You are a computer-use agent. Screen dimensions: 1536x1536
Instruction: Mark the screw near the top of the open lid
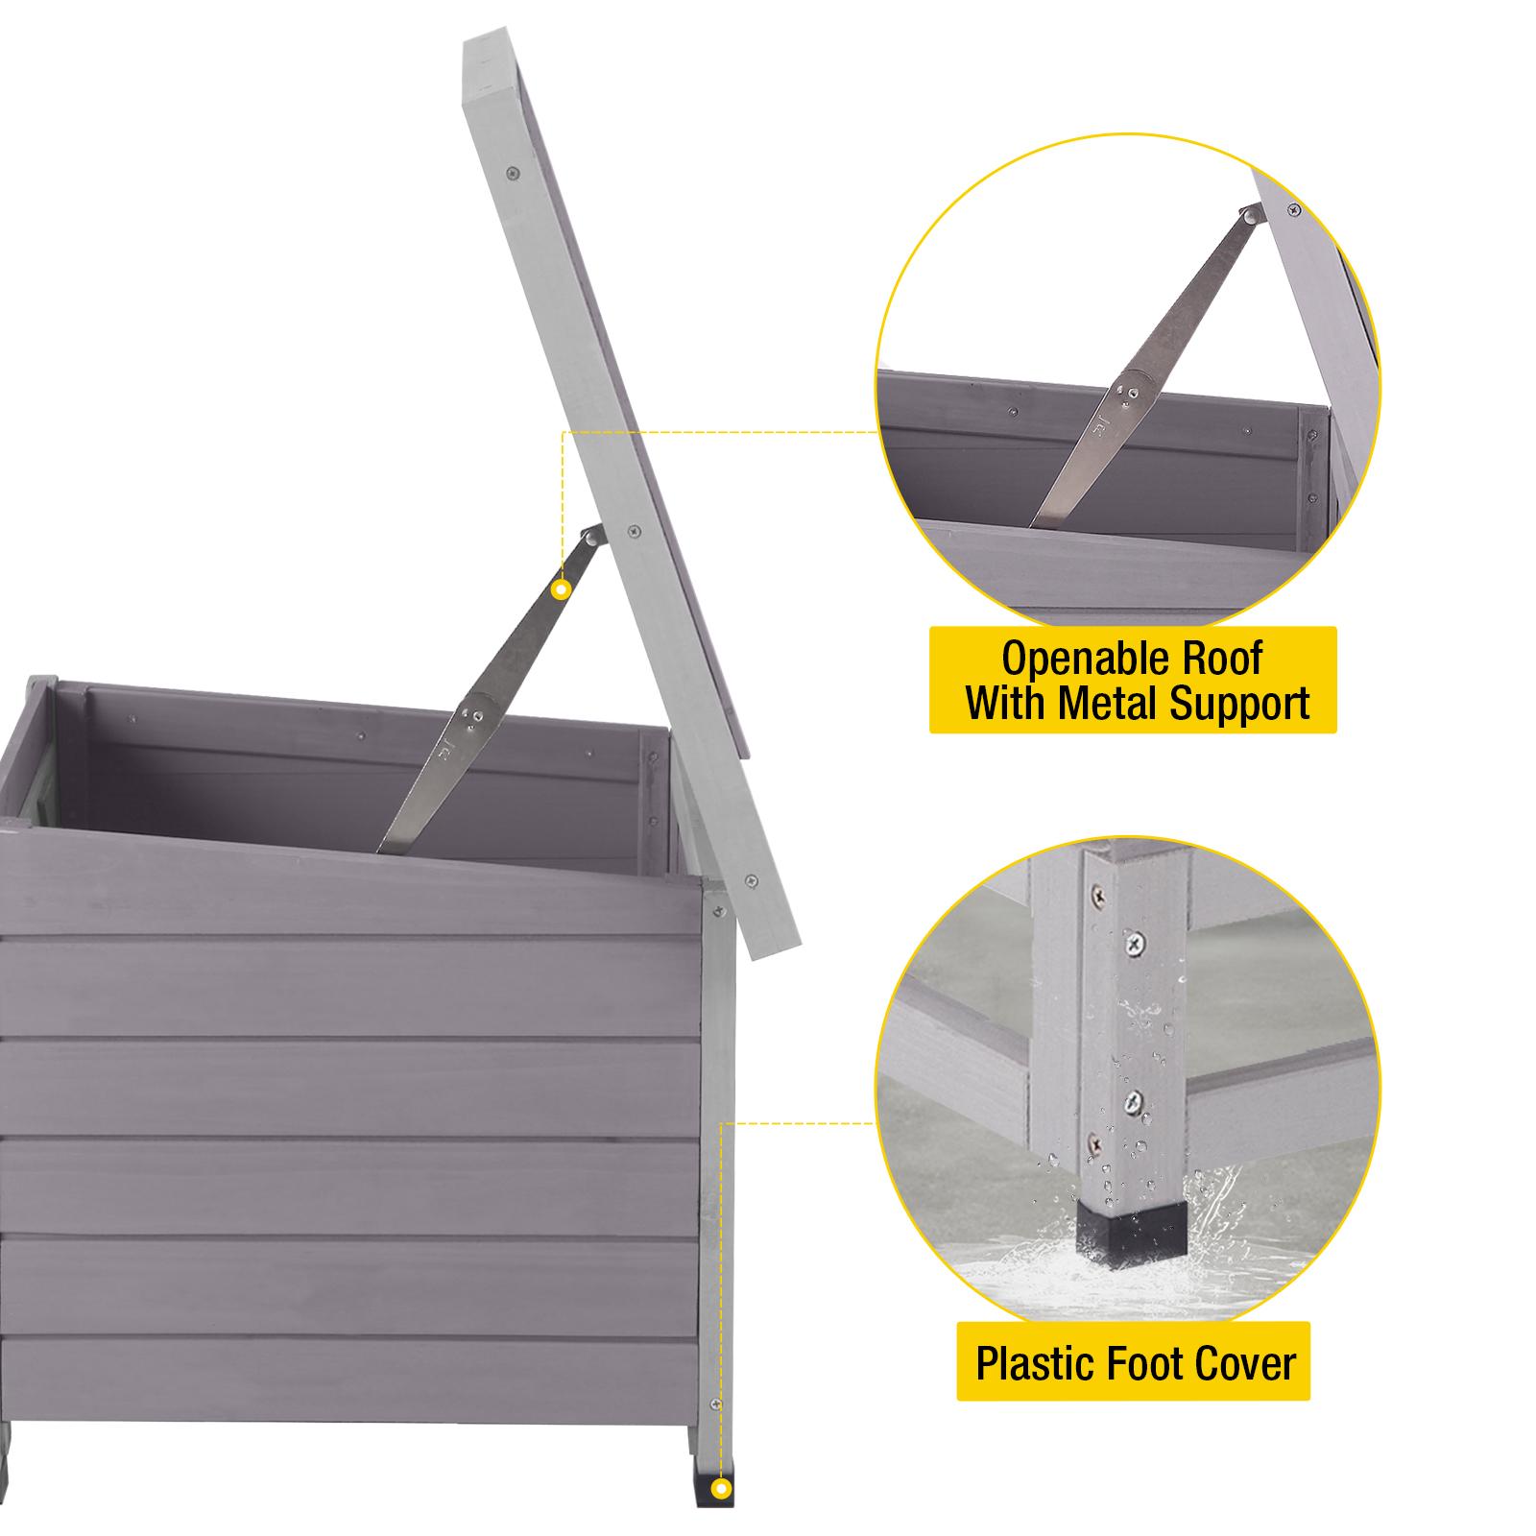click(510, 175)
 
